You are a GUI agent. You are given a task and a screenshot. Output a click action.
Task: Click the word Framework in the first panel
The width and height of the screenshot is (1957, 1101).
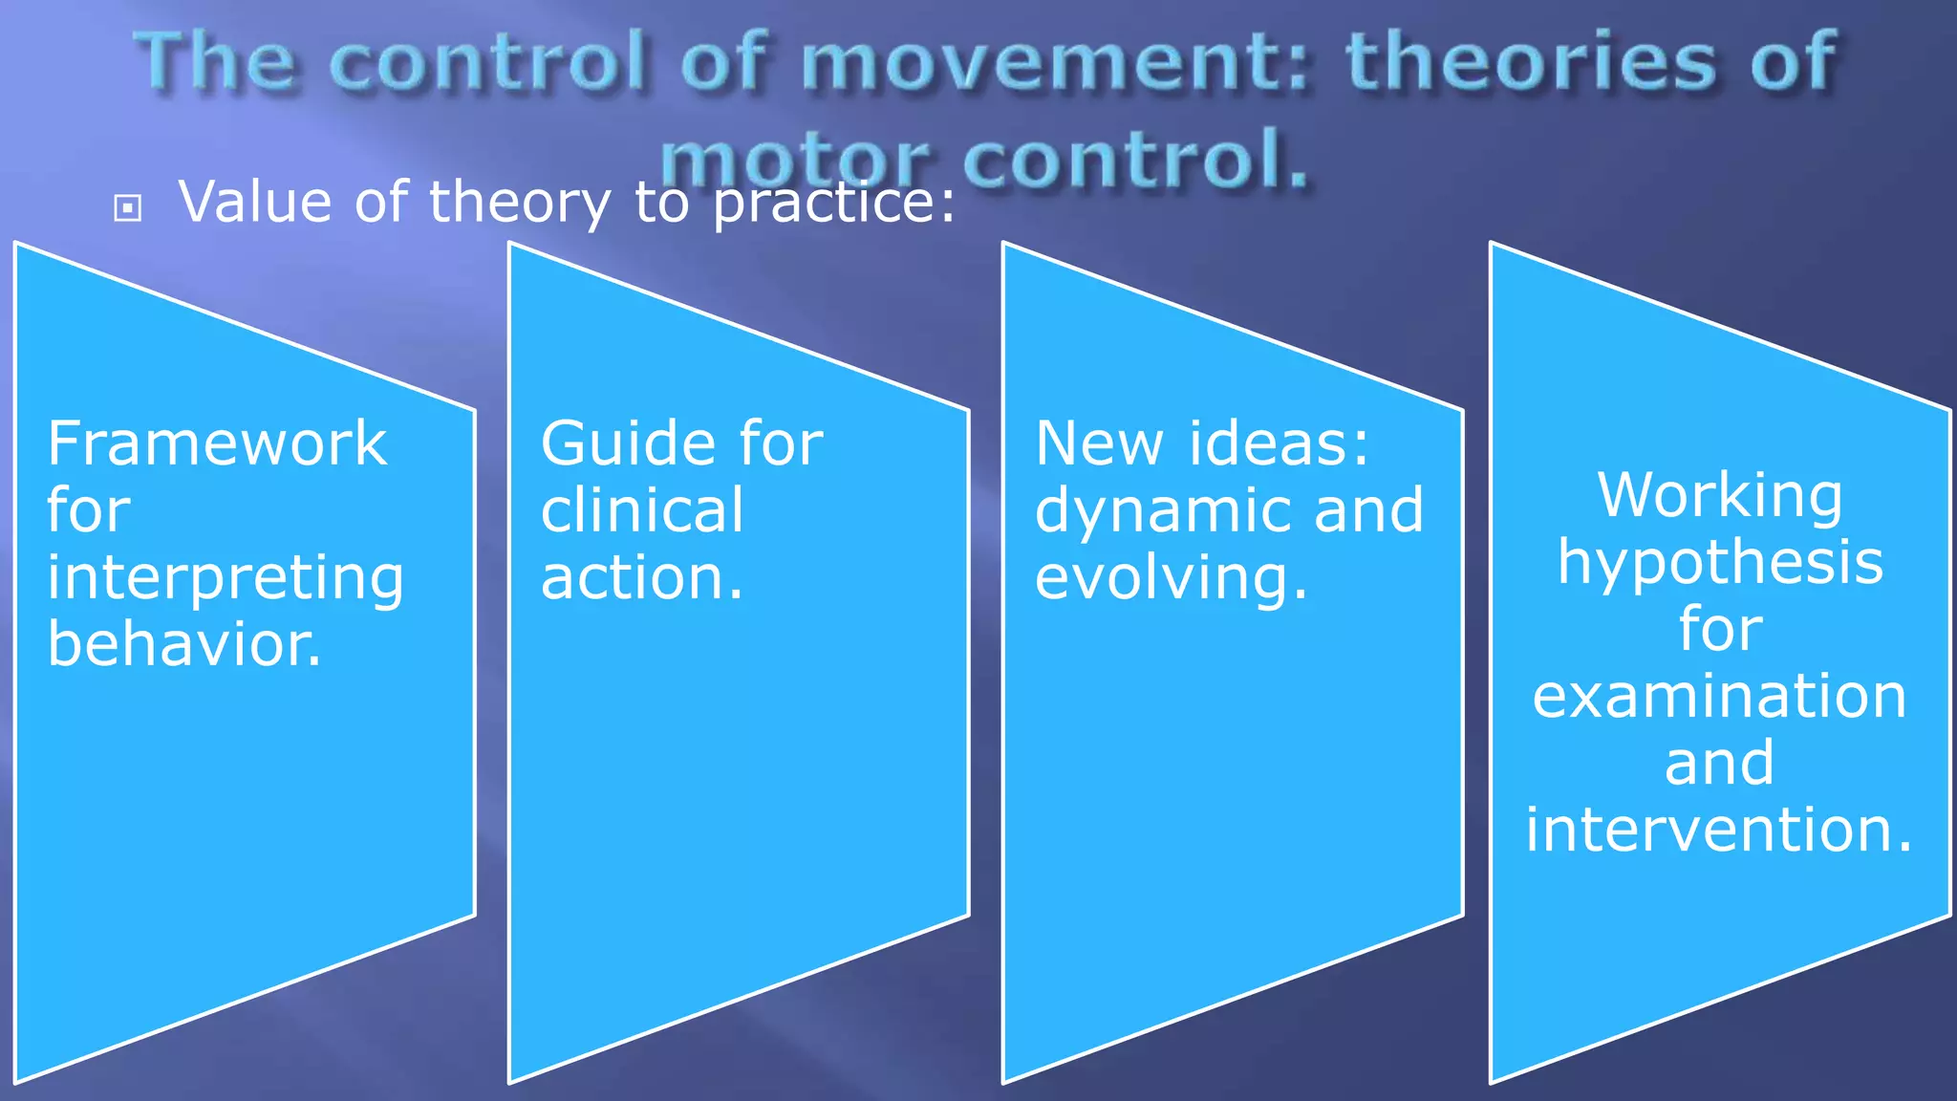coord(217,444)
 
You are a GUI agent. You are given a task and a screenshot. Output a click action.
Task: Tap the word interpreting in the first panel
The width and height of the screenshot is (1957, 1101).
coord(226,579)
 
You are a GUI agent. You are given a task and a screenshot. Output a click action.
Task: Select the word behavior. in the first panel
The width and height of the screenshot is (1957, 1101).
coord(184,644)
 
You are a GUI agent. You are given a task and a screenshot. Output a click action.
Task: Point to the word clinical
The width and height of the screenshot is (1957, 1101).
coord(641,510)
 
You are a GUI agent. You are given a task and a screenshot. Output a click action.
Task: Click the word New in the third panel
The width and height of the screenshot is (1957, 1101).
coord(1098,444)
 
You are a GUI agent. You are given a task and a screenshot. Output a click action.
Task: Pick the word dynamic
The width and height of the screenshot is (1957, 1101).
coord(1165,511)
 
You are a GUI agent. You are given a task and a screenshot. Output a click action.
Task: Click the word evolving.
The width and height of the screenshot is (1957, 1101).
coord(1171,579)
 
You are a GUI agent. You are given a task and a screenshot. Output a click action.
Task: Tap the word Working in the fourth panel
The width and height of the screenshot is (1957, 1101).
coord(1720,496)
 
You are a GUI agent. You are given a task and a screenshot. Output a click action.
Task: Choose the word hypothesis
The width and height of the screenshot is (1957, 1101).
coord(1720,564)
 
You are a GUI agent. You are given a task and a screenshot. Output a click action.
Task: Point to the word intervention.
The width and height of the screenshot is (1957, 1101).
coord(1720,829)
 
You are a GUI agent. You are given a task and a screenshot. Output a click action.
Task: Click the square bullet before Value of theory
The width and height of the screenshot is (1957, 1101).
coord(127,207)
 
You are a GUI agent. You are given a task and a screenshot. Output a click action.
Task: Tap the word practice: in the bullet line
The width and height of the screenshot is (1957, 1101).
coord(834,204)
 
